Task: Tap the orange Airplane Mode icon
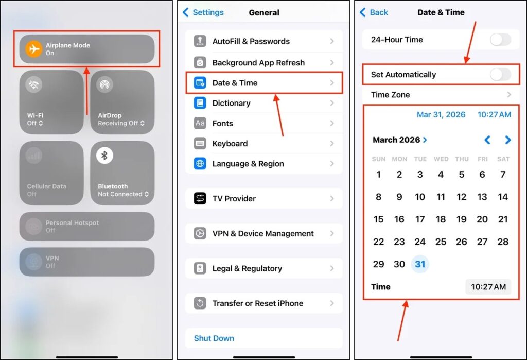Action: [33, 49]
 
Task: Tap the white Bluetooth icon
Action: [104, 156]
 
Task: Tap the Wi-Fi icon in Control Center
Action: [33, 84]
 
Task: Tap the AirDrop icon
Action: [104, 84]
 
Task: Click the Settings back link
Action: [203, 12]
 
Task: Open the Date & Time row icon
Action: [200, 83]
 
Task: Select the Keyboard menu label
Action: [230, 144]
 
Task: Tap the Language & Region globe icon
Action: [200, 163]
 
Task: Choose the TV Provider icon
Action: [200, 198]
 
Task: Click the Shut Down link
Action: [214, 338]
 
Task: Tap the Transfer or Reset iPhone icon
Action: [200, 303]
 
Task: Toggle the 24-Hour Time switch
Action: [500, 39]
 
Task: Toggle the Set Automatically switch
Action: [500, 74]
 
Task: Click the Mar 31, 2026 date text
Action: [441, 115]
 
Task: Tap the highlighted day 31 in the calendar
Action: [420, 264]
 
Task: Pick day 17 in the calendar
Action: [420, 219]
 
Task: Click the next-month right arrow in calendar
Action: [508, 140]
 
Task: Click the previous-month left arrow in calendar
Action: [487, 140]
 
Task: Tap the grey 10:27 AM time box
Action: [488, 287]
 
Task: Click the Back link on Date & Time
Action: [374, 12]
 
